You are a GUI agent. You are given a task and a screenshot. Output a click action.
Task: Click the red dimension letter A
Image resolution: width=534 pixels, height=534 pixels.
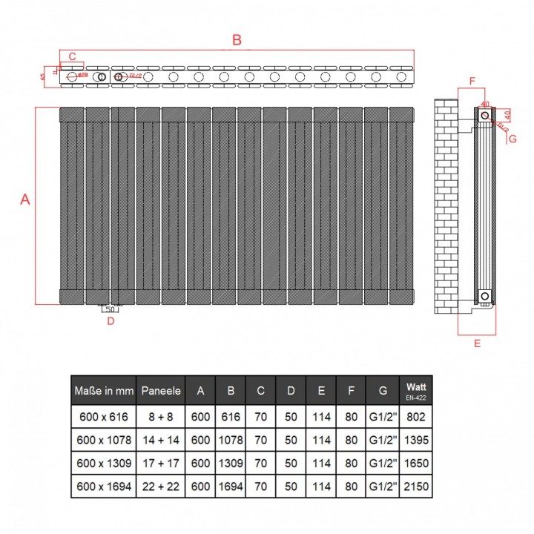pos(24,200)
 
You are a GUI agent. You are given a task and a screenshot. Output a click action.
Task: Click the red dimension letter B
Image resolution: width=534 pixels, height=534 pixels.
pos(237,41)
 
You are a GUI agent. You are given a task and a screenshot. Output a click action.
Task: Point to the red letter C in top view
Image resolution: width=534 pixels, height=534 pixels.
pos(72,56)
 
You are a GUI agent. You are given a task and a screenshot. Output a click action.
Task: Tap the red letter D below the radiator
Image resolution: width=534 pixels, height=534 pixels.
pos(111,321)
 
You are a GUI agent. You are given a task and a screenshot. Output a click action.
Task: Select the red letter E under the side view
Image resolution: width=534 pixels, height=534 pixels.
pos(477,343)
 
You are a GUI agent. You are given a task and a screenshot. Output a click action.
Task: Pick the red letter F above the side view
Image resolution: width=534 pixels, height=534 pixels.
pos(472,80)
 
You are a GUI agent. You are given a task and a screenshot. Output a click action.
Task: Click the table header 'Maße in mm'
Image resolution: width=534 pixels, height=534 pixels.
pos(103,390)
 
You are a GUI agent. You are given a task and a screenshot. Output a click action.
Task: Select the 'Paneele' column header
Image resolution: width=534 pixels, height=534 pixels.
pos(161,390)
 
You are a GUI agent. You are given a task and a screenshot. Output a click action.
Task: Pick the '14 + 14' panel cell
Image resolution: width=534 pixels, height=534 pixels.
pos(161,440)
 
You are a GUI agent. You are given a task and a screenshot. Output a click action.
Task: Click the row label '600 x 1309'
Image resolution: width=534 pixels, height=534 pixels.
pos(103,463)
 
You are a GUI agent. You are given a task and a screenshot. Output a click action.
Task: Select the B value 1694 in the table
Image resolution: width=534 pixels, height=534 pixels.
pos(230,486)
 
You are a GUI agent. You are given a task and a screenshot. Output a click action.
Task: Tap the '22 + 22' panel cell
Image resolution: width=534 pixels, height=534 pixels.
pos(161,486)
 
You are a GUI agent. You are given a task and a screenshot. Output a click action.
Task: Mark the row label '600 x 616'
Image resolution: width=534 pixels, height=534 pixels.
pos(103,417)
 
